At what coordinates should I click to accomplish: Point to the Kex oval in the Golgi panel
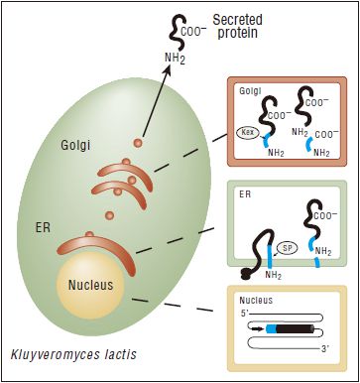250,132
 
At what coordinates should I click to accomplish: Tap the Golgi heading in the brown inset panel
250,90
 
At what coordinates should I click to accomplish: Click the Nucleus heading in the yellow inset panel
256,297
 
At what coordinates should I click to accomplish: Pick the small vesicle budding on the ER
90,235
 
